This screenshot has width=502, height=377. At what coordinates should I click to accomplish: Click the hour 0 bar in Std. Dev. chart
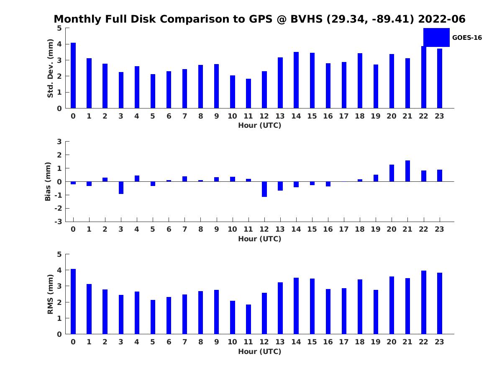73,75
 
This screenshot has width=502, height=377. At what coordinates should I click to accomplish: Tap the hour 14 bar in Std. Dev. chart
296,80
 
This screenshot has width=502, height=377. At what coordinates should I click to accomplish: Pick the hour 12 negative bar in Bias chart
264,189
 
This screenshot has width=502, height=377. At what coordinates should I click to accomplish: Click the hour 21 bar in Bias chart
407,171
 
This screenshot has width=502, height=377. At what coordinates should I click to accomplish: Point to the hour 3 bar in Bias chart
121,188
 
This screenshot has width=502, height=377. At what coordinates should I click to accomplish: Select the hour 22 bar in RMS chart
423,302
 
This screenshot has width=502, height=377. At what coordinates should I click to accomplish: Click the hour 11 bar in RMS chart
248,319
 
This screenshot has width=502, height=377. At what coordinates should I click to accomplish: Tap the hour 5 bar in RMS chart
153,317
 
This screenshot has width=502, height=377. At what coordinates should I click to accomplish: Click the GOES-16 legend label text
467,38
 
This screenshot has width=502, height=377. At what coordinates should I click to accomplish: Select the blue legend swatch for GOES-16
436,37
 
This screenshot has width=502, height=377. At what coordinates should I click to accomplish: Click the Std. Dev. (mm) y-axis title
50,68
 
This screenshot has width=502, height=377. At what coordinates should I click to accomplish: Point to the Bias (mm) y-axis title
48,181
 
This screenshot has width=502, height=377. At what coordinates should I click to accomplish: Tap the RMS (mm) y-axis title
50,294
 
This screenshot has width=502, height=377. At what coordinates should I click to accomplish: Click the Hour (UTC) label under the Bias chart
259,239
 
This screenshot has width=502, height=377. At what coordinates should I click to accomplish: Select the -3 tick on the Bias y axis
59,222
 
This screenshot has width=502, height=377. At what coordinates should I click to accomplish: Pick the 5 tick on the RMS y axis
59,254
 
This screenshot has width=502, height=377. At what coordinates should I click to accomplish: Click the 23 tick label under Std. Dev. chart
439,116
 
